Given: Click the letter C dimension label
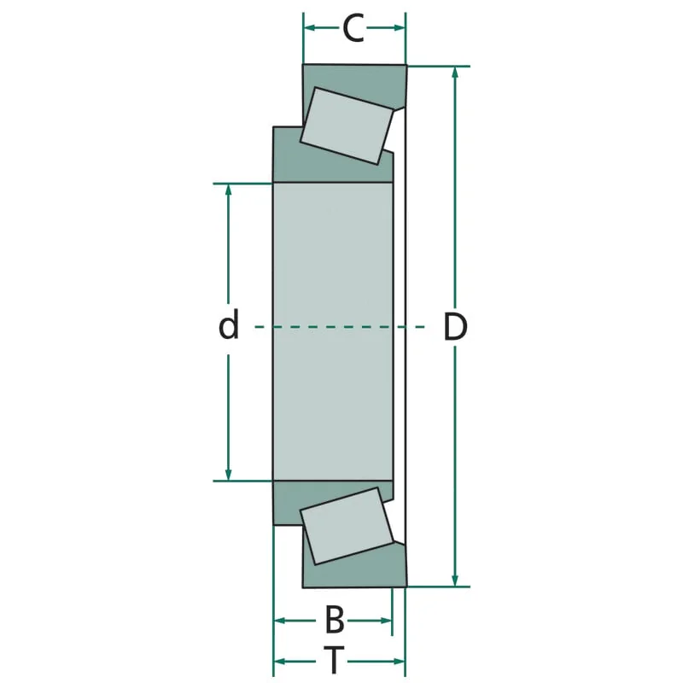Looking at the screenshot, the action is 353,28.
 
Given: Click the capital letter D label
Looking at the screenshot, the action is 455,326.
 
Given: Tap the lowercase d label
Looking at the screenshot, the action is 229,324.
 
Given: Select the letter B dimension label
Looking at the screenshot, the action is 335,620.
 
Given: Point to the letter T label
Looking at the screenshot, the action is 334,660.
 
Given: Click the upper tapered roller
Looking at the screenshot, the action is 347,126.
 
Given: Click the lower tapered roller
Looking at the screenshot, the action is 347,526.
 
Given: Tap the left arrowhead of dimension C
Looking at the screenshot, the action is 309,28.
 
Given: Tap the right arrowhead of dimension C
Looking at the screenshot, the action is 400,28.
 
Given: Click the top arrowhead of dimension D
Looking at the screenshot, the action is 455,73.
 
